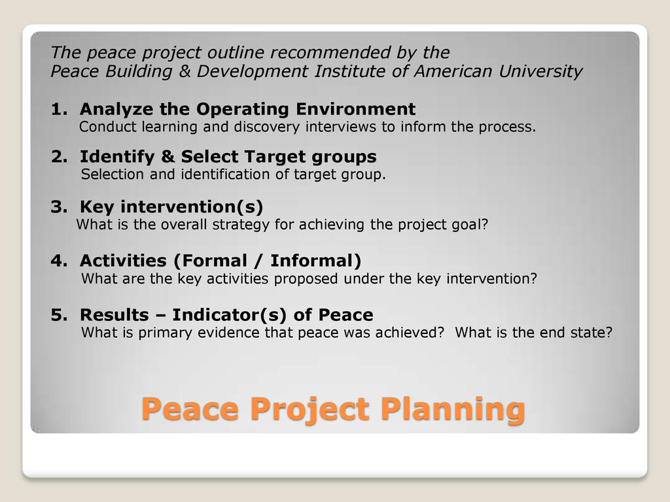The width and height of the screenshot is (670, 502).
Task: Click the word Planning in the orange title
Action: [x=453, y=409]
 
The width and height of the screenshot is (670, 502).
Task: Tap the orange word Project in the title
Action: [x=309, y=409]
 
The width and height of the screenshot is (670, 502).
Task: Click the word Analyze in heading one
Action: [x=116, y=110]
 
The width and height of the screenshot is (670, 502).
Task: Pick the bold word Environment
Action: [x=355, y=109]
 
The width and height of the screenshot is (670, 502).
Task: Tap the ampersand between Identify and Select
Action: [x=167, y=157]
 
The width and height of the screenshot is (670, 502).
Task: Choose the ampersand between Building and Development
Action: [x=185, y=71]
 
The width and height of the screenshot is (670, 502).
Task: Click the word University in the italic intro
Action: [x=540, y=72]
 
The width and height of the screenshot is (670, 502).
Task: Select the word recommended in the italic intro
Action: [x=330, y=52]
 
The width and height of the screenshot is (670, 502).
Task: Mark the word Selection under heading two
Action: [x=113, y=174]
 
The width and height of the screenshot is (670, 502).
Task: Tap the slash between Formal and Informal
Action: [x=258, y=261]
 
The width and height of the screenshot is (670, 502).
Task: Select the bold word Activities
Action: [x=124, y=261]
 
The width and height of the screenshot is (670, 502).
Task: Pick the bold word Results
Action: [x=115, y=315]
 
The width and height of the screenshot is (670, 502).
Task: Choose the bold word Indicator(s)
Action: [x=229, y=315]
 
